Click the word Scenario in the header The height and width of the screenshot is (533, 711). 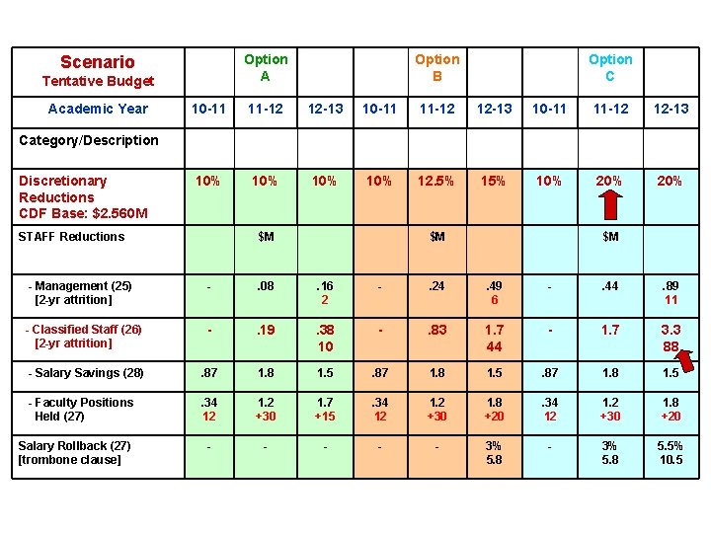pyautogui.click(x=97, y=62)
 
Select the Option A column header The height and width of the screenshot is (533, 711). pyautogui.click(x=266, y=68)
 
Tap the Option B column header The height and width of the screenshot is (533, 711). pyautogui.click(x=436, y=68)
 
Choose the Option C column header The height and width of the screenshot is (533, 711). pyautogui.click(x=610, y=68)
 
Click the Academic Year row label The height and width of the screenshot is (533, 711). pyautogui.click(x=98, y=109)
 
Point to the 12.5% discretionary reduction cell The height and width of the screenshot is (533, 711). pyautogui.click(x=436, y=182)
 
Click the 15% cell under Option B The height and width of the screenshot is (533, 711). pyautogui.click(x=494, y=182)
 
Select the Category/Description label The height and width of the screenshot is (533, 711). pyautogui.click(x=89, y=140)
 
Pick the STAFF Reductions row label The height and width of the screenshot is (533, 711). pyautogui.click(x=72, y=237)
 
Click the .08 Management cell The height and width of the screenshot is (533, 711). pyautogui.click(x=265, y=287)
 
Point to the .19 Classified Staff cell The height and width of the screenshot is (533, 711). pyautogui.click(x=265, y=330)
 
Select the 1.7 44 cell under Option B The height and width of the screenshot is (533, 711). pyautogui.click(x=494, y=338)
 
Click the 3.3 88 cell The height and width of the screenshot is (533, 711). pyautogui.click(x=671, y=338)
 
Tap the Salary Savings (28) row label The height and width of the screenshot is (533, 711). pyautogui.click(x=86, y=373)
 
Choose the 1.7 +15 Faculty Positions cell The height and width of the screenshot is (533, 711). pyautogui.click(x=325, y=409)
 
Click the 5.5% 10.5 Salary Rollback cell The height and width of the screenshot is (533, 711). pyautogui.click(x=671, y=452)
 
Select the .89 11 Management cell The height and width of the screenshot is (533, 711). pyautogui.click(x=671, y=293)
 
